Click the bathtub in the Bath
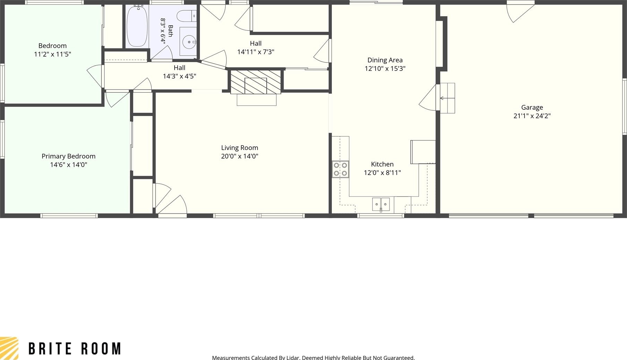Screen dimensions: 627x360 point(137,26)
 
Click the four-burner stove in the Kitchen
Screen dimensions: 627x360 point(340,169)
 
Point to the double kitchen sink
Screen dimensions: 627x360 point(381,204)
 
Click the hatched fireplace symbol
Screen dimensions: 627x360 point(256,82)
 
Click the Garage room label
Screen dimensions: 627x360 point(532,108)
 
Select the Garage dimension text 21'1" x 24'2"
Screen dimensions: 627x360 point(532,116)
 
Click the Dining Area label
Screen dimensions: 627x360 point(385,60)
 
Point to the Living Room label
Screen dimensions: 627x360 point(240,148)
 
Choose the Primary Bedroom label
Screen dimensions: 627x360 point(68,156)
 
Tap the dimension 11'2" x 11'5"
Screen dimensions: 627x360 point(52,54)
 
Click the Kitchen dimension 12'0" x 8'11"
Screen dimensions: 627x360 point(382,173)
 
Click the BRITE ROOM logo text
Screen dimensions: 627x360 point(75,349)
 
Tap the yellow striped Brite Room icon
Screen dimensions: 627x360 point(9,348)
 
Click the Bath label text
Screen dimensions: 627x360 point(170,31)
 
